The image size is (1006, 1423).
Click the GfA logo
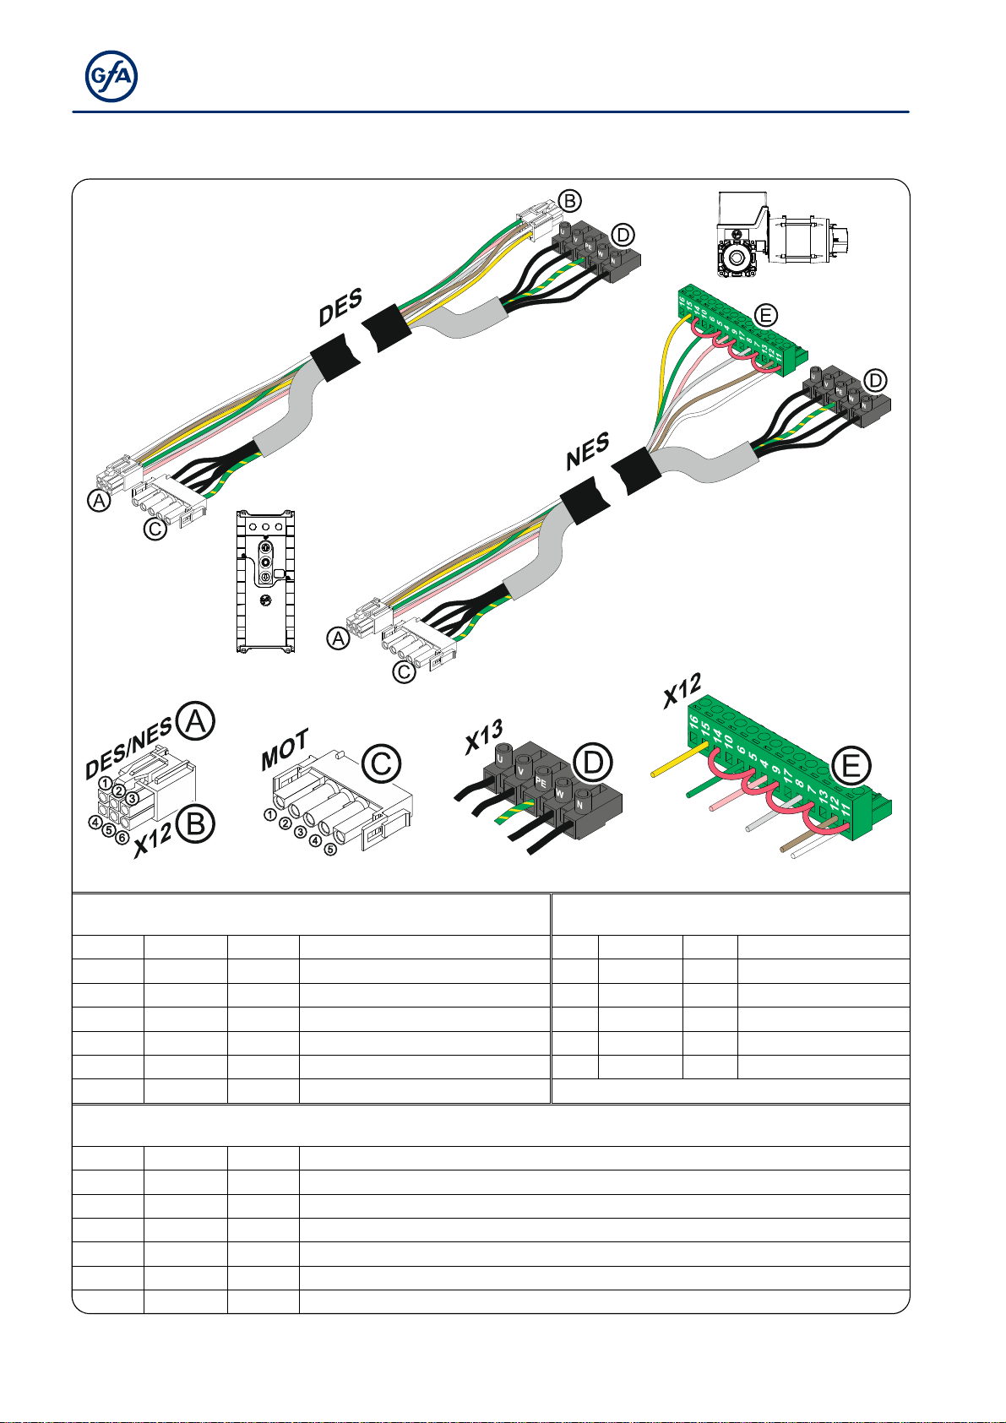click(x=111, y=77)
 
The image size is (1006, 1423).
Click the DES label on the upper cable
click(x=340, y=307)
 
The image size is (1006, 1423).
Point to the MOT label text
click(x=285, y=750)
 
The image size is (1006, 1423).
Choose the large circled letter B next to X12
click(x=195, y=824)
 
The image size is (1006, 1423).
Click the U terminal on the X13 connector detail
click(x=504, y=758)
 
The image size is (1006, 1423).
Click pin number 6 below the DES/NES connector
click(x=122, y=838)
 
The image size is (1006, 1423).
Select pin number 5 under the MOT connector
click(x=330, y=848)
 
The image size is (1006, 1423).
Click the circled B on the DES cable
click(x=571, y=201)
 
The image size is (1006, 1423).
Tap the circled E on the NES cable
click(x=764, y=316)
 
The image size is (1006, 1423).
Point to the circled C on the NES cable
click(x=405, y=671)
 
